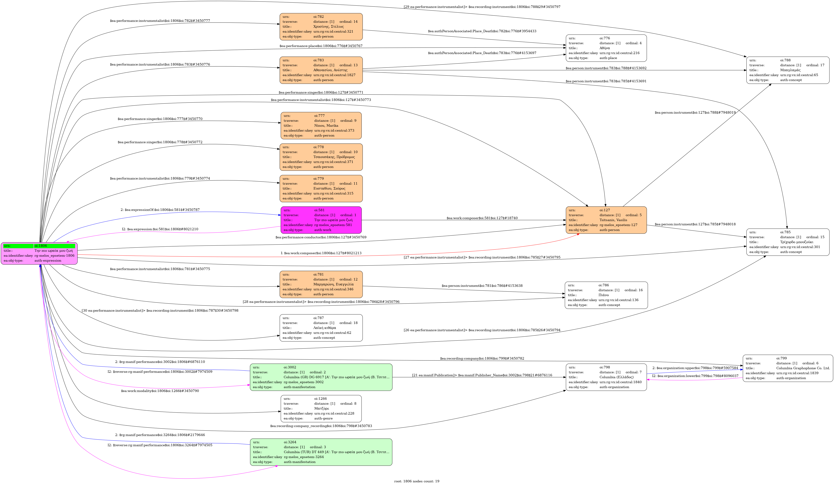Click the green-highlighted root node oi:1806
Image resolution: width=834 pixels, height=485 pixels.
tap(39, 253)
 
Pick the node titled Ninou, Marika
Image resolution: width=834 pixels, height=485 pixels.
tap(321, 125)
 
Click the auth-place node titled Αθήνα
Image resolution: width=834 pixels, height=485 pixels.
tap(606, 48)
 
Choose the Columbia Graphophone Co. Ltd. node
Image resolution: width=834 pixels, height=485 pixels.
tap(788, 368)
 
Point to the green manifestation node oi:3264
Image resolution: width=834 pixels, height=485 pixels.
tap(321, 452)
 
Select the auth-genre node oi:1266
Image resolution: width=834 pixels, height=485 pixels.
tap(321, 409)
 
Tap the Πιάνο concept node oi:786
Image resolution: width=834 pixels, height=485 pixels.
tap(606, 295)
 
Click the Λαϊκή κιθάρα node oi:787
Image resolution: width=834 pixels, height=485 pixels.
tap(321, 328)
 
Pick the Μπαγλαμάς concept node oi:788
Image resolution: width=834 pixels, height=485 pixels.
tap(788, 70)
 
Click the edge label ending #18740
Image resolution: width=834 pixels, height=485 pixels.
tap(482, 218)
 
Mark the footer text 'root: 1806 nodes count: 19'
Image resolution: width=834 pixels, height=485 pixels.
tap(417, 481)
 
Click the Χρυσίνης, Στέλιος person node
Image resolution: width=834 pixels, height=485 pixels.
tap(321, 26)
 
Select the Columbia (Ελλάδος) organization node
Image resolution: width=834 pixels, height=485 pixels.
tap(606, 377)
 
